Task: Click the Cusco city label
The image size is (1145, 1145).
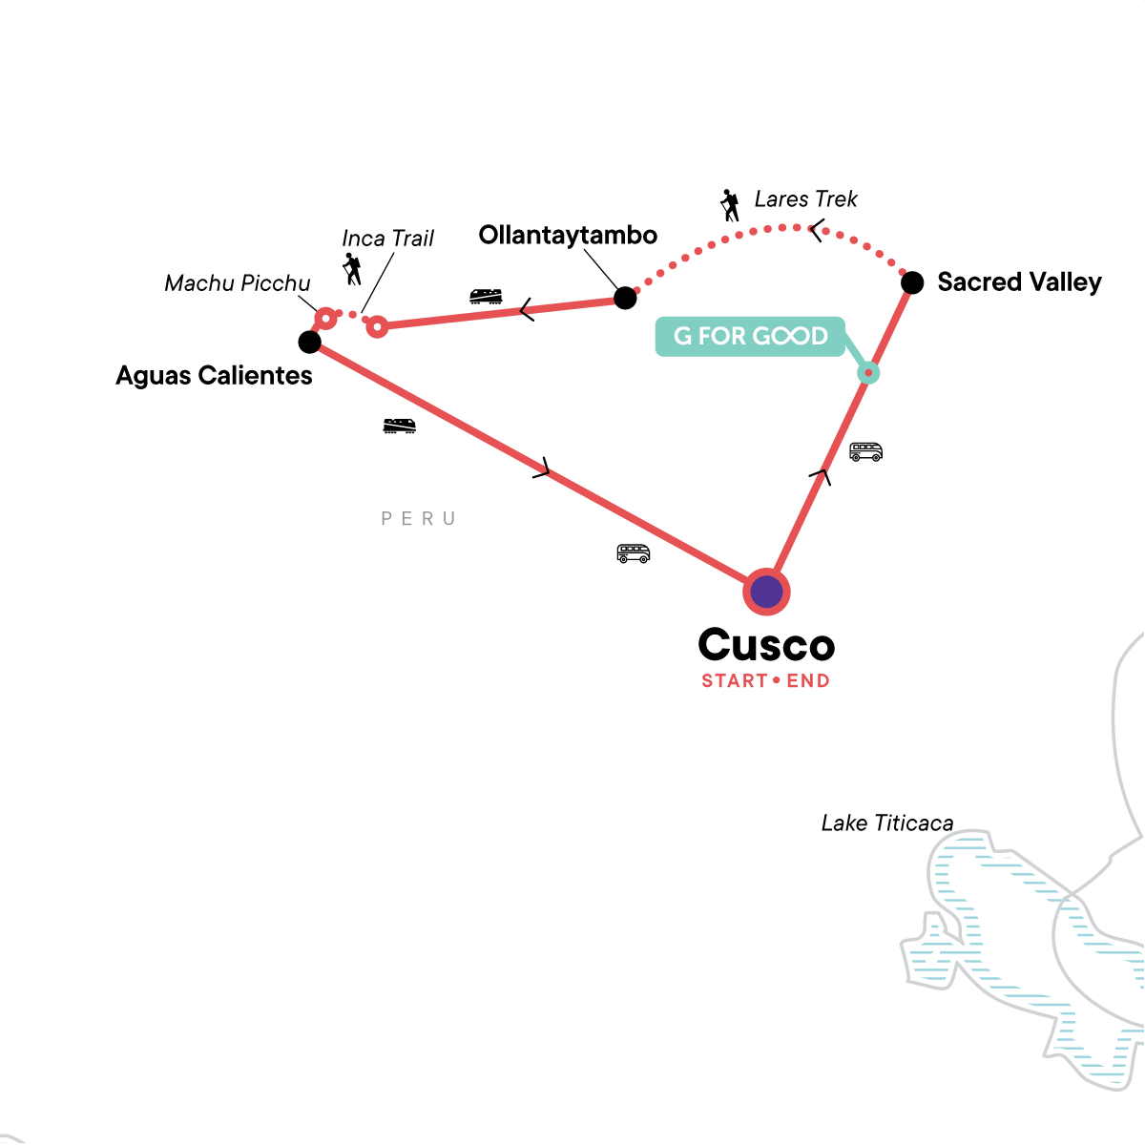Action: coord(766,645)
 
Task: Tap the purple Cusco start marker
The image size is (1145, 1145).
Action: coord(766,592)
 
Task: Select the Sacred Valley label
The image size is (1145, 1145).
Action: coord(1019,281)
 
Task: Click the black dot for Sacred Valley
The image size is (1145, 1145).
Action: coord(912,282)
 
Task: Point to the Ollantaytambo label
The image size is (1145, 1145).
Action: coord(568,236)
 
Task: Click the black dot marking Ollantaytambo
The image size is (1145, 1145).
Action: coord(625,298)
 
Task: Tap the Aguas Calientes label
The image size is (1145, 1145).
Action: coord(214,376)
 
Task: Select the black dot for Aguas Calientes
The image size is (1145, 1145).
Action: coord(309,343)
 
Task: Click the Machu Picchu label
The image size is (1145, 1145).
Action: coord(237,283)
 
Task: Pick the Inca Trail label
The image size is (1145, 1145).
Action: coord(388,239)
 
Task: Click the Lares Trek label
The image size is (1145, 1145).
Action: coord(805,199)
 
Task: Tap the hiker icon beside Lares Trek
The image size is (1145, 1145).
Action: coord(730,205)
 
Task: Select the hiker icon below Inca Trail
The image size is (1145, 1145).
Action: coord(352,269)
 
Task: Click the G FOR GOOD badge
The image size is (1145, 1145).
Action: coord(750,336)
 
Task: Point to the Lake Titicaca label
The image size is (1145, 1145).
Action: coord(887,822)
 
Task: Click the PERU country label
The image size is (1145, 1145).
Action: coord(418,519)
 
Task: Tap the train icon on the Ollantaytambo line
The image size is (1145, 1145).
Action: coord(486,296)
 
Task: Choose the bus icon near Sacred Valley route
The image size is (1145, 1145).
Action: coord(865,451)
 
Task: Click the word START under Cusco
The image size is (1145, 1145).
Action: coord(735,681)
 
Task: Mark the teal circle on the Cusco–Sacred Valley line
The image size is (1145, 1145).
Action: coord(868,373)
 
